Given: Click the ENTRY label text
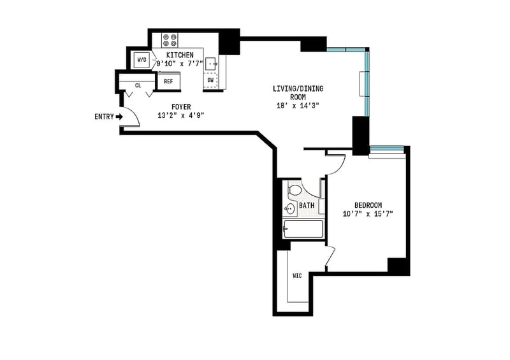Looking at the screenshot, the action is click(x=104, y=117).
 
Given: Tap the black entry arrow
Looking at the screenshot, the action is click(x=120, y=117).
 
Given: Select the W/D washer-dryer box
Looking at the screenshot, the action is click(x=142, y=60).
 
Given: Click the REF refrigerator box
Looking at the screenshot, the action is click(x=168, y=82).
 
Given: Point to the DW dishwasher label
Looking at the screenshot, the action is click(x=210, y=80).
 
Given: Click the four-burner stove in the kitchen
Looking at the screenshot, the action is click(x=170, y=40).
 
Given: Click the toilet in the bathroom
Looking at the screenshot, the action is click(x=295, y=190).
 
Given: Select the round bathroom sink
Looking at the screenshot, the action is click(x=289, y=209).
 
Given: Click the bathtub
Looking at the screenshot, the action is click(x=303, y=229).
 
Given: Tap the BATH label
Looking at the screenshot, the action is click(x=307, y=206).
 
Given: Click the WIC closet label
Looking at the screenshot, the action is click(x=297, y=276).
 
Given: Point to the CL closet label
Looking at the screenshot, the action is click(x=138, y=85).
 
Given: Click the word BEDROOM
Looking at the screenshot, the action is click(x=368, y=205).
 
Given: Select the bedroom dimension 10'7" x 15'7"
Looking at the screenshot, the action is click(x=368, y=214).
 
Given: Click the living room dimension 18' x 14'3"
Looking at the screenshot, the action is click(x=298, y=105).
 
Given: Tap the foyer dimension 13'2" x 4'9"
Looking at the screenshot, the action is click(x=181, y=115).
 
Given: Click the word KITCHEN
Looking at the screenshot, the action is click(x=180, y=55).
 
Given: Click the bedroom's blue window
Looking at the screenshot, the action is click(x=387, y=149).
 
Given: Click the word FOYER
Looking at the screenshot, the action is click(x=181, y=106).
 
